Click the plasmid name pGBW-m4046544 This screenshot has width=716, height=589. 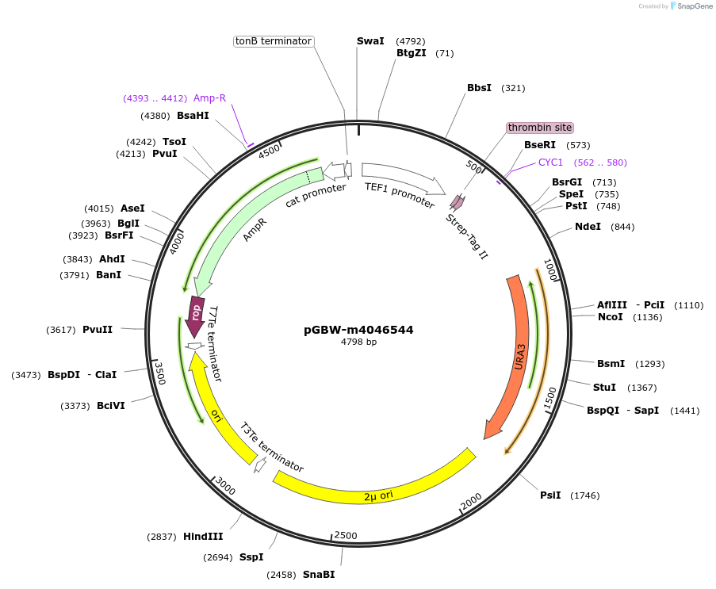click(358, 330)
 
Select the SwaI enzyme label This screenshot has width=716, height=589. click(370, 40)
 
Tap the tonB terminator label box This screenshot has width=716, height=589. click(274, 41)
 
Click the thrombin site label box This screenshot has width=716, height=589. click(540, 128)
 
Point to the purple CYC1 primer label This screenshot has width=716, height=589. click(550, 163)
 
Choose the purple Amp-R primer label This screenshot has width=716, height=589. click(209, 98)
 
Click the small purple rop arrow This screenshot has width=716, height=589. click(195, 312)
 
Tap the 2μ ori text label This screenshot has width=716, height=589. click(378, 495)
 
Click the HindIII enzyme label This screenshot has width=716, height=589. click(203, 537)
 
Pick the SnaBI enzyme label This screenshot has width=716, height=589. click(319, 575)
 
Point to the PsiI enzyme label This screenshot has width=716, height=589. click(550, 495)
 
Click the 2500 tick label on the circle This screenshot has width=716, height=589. click(347, 536)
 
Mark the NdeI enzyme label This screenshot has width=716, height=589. click(588, 227)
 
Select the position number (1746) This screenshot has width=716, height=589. click(585, 495)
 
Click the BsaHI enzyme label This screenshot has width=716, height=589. click(193, 116)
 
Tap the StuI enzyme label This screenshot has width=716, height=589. click(604, 388)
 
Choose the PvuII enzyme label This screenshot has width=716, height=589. click(98, 330)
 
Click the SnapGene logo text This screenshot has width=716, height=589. click(693, 6)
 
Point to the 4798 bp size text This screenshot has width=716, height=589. click(358, 342)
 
